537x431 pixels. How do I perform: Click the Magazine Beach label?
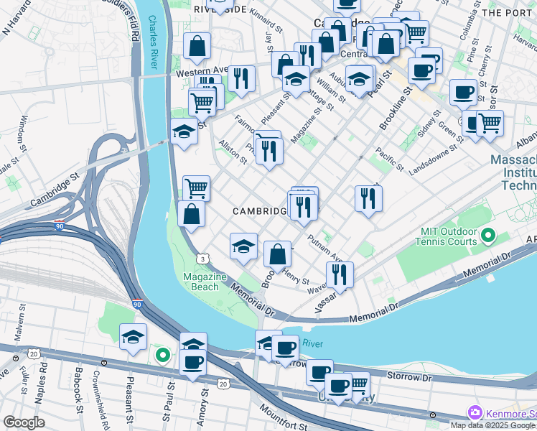coord(205,282)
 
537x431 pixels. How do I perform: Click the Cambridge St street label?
coord(54,190)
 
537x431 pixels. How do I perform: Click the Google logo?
coord(24,422)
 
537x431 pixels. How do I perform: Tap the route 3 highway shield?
coord(205,258)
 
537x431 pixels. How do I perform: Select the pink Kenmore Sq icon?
coord(474,413)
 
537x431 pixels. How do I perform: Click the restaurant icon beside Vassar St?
coord(340,274)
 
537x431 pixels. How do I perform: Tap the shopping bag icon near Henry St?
coord(277,254)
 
